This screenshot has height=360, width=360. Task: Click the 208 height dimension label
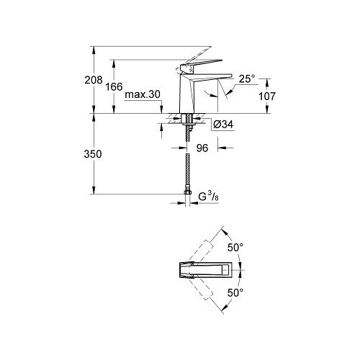pyautogui.click(x=94, y=80)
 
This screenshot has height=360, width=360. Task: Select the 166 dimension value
pyautogui.click(x=114, y=86)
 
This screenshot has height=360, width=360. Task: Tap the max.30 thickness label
pyautogui.click(x=143, y=94)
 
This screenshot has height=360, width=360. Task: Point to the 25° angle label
pyautogui.click(x=247, y=78)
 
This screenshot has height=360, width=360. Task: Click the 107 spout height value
pyautogui.click(x=267, y=96)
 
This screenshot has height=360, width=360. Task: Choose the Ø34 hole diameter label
pyautogui.click(x=223, y=125)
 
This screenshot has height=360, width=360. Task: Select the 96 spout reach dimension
pyautogui.click(x=202, y=148)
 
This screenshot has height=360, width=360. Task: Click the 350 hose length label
pyautogui.click(x=93, y=154)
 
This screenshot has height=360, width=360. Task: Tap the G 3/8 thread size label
pyautogui.click(x=208, y=197)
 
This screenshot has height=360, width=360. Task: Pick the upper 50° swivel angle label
pyautogui.click(x=235, y=248)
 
